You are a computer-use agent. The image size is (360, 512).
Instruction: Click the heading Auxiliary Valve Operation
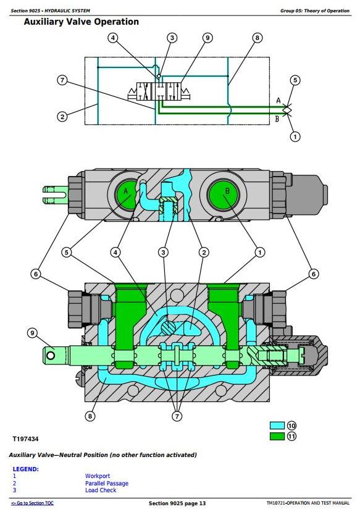point(82,22)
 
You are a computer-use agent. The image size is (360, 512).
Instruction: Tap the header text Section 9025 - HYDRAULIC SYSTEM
point(50,10)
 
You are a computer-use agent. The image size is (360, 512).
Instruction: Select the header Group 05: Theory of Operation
point(315,10)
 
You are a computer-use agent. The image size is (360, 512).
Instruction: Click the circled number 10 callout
point(291,426)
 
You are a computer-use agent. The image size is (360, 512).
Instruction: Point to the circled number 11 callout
point(291,436)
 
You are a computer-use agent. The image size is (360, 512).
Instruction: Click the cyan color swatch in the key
point(277,426)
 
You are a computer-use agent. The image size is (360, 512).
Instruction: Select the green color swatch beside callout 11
point(277,436)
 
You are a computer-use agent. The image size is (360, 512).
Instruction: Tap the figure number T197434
point(25,439)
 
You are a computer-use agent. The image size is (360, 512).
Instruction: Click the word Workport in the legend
point(98,476)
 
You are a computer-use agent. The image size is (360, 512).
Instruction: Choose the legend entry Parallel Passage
point(107,483)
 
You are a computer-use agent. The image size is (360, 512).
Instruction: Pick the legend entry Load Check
point(101,490)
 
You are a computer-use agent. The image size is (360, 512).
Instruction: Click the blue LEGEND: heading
point(25,469)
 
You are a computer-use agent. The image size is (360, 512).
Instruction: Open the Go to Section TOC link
point(32,503)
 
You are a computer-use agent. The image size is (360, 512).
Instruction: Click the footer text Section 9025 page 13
point(177,503)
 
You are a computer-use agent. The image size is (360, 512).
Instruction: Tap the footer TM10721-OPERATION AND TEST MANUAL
point(308,503)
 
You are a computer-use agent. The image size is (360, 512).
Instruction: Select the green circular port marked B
point(224,195)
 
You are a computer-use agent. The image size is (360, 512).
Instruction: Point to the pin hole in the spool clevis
point(51,355)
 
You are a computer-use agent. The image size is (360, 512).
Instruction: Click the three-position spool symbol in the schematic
point(159,91)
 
